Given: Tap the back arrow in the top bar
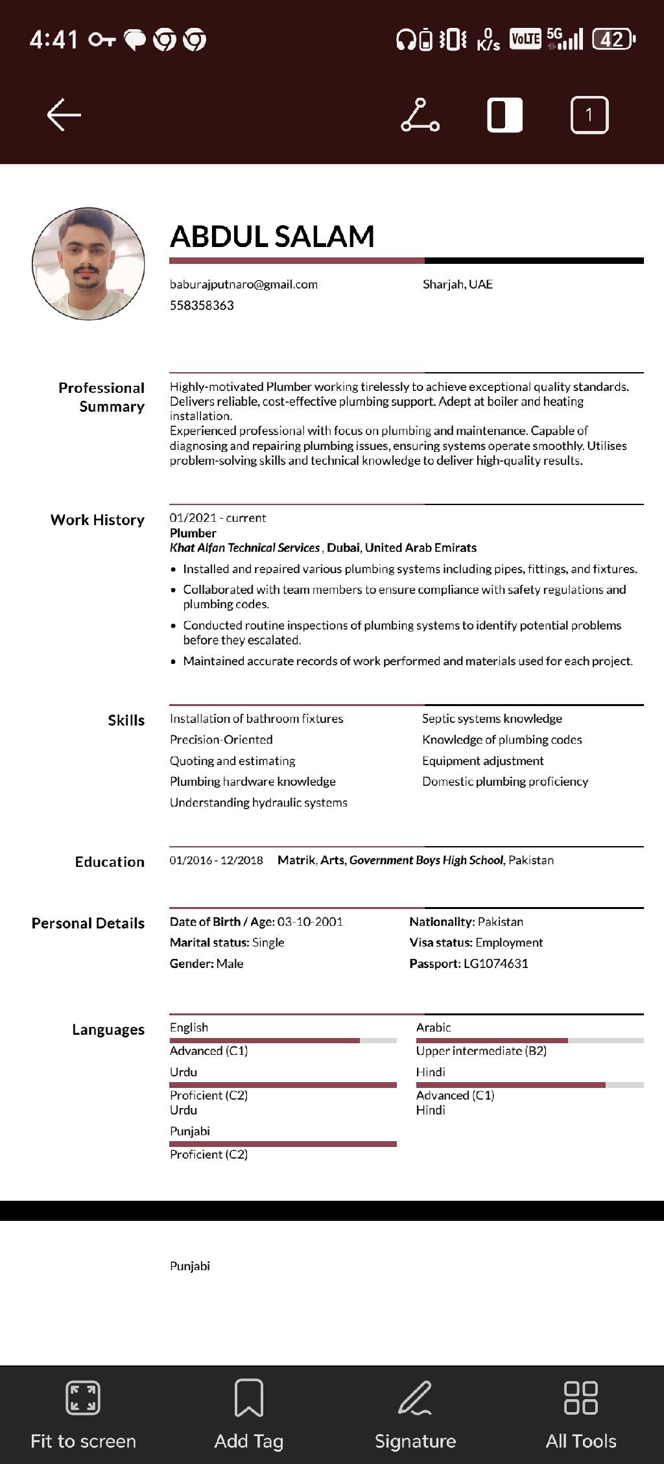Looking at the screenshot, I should click(x=64, y=115).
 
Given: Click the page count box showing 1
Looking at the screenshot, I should click(x=589, y=115).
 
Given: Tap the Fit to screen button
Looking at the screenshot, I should click(x=83, y=1413).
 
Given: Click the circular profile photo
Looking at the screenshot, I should click(x=88, y=264).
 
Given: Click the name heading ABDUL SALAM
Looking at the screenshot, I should click(x=272, y=237).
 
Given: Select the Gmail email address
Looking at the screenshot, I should click(x=244, y=284).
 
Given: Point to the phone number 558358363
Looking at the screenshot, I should click(x=202, y=305).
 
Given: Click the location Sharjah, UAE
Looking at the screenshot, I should click(x=458, y=284).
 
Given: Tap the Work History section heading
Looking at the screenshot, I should click(x=97, y=520).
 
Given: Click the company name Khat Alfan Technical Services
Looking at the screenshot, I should click(x=244, y=548).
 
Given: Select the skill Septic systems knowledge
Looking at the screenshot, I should click(x=492, y=718).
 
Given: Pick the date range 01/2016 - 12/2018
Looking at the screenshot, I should click(x=217, y=860).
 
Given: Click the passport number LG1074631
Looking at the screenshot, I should click(x=496, y=963).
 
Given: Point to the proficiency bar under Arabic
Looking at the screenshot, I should click(x=530, y=1041).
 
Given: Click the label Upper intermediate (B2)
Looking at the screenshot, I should click(x=481, y=1051).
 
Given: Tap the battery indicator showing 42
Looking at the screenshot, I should click(x=613, y=40).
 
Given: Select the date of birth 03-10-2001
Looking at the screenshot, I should click(x=310, y=921).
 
